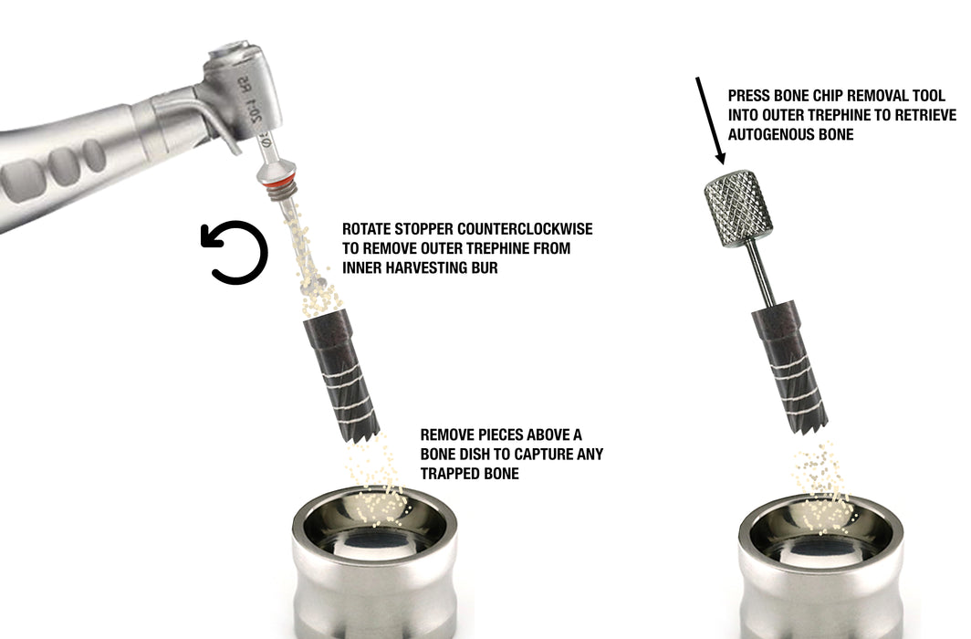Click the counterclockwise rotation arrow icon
[235, 253]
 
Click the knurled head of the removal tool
[737, 202]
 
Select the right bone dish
[820, 566]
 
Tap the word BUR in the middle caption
[485, 268]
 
